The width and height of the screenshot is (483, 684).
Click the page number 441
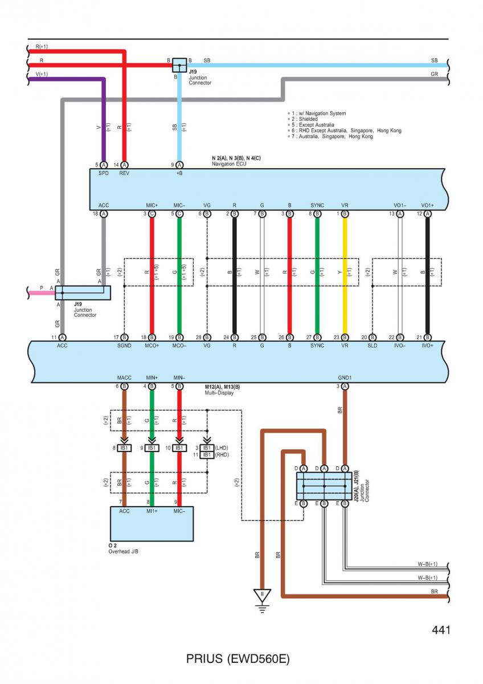441,630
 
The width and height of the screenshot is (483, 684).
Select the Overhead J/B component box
152,524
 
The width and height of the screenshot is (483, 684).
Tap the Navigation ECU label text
229,164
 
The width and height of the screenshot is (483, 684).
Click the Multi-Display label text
219,393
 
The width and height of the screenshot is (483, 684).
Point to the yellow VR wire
345,275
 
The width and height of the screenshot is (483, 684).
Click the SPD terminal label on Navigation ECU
104,173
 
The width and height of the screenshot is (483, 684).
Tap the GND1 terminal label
345,378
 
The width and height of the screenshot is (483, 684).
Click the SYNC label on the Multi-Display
317,345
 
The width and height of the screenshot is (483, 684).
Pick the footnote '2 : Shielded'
304,119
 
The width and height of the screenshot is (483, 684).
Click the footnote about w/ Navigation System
318,113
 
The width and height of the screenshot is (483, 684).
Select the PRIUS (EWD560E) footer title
238,659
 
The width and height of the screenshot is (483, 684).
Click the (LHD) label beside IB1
222,448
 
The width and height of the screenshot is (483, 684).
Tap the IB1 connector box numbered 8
124,448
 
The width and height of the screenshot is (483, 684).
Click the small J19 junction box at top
179,66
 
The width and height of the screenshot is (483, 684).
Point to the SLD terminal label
373,345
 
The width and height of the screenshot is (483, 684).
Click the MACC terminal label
124,378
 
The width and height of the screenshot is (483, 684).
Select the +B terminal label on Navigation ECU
179,173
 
